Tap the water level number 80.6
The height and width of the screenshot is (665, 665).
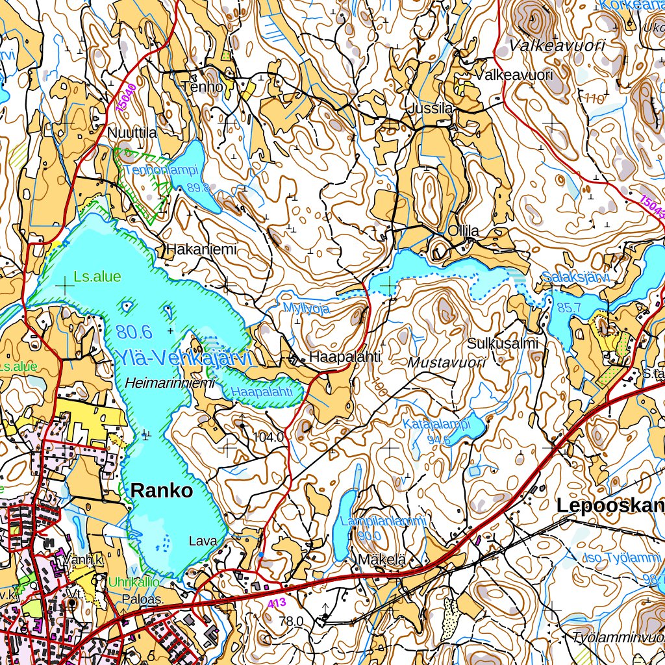click(x=134, y=332)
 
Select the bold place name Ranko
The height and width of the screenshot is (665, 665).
click(x=162, y=491)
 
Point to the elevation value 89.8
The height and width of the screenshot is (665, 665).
click(x=199, y=188)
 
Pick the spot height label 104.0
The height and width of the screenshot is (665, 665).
click(x=268, y=437)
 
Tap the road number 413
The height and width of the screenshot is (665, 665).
click(x=276, y=603)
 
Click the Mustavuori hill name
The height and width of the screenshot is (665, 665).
click(x=447, y=363)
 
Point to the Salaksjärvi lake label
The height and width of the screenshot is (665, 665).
click(x=576, y=278)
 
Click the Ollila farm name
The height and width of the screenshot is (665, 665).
click(x=463, y=231)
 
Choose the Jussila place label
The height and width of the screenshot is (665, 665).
click(x=430, y=109)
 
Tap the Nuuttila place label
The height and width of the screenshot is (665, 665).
click(x=132, y=133)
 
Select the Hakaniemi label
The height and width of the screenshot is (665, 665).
click(x=199, y=249)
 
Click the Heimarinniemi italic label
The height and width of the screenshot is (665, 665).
click(x=171, y=383)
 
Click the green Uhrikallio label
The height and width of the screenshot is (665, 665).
click(x=134, y=582)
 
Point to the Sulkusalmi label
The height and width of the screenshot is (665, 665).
click(x=503, y=344)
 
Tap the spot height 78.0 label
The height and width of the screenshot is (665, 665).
click(x=291, y=621)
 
